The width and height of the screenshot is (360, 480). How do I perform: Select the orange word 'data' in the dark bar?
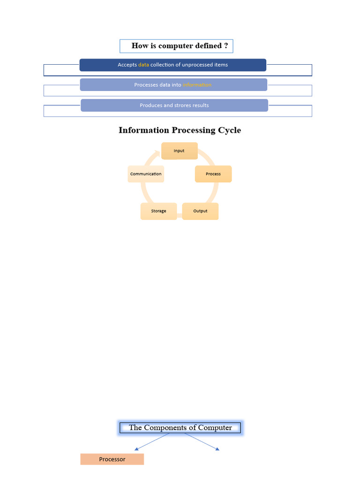[143, 65]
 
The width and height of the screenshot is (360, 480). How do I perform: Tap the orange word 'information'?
[197, 85]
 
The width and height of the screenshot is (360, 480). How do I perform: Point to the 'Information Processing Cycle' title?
[180, 130]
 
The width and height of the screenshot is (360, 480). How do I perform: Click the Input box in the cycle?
[179, 151]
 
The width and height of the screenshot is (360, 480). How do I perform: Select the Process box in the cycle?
[213, 174]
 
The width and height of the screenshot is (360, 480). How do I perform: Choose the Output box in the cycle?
[200, 211]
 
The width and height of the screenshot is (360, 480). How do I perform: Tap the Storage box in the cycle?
[158, 211]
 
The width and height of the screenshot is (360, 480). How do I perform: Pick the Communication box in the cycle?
[146, 174]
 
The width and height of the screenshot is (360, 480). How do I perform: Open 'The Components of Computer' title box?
[180, 427]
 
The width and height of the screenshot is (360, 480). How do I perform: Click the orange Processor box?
[112, 459]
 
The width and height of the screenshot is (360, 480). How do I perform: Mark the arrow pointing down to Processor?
[136, 449]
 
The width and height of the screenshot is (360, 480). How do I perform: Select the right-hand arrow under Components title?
[217, 449]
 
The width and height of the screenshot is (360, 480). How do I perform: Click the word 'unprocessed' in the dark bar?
[197, 65]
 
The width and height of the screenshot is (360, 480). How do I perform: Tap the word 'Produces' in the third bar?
[150, 105]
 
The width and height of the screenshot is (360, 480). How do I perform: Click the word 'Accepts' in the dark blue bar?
[127, 65]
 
